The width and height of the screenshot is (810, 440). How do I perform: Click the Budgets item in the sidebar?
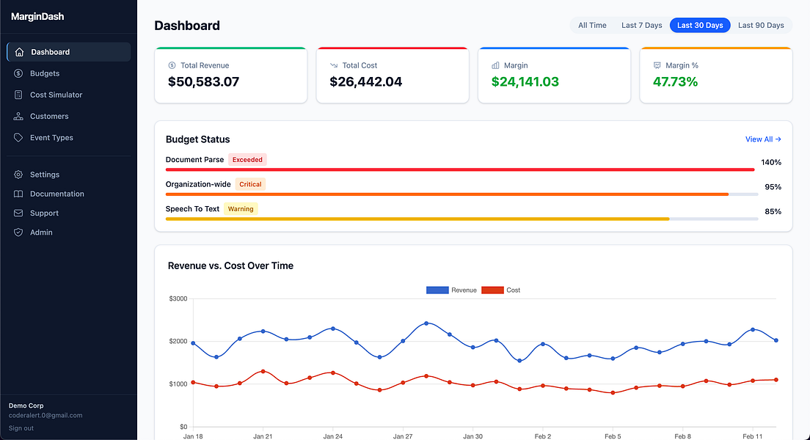coord(44,73)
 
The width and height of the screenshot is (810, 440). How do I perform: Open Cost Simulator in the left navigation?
coord(56,95)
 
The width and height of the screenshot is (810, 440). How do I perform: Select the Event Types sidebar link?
coord(51,138)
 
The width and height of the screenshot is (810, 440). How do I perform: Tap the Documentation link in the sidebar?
coord(56,194)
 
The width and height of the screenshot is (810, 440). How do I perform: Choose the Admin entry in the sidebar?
coord(41,232)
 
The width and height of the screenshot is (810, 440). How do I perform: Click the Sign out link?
coord(21,428)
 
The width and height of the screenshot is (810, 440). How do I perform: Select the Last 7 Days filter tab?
coord(641,26)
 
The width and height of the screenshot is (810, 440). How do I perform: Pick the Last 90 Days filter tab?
coord(760,26)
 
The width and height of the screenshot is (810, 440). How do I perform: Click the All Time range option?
coord(592,26)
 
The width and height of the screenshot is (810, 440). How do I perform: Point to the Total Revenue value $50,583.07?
coord(203,82)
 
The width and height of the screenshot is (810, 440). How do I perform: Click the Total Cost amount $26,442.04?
coord(365,82)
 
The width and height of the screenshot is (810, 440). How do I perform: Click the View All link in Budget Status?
coord(763,139)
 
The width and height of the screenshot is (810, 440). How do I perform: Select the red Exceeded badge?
coord(247,160)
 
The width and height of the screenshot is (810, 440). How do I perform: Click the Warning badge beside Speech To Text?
coord(241,209)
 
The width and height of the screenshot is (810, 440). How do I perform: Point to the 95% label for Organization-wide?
coord(773,187)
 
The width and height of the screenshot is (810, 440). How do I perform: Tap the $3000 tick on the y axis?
coord(178,298)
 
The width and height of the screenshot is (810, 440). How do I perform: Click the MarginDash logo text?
coord(37,17)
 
